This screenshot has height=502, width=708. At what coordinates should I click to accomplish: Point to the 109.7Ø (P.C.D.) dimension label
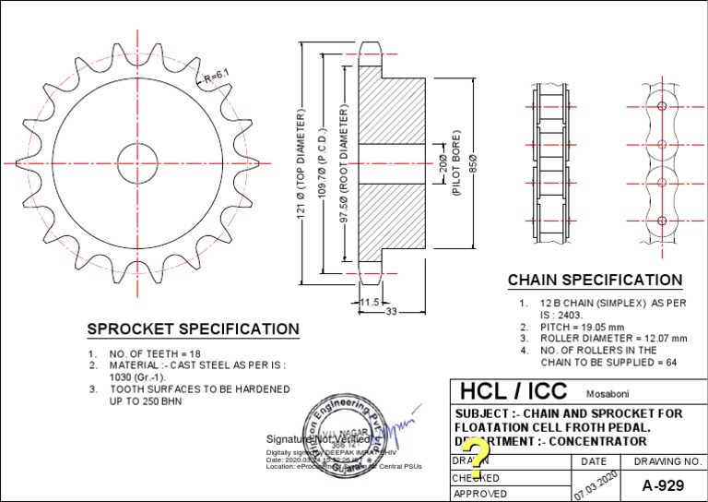(322, 161)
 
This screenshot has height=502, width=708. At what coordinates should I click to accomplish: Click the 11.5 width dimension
(369, 302)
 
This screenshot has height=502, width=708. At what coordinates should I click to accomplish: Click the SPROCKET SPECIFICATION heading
(193, 329)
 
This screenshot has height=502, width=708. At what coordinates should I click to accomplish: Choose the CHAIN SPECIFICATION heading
(596, 280)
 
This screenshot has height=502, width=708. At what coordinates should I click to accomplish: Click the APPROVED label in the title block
(479, 494)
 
